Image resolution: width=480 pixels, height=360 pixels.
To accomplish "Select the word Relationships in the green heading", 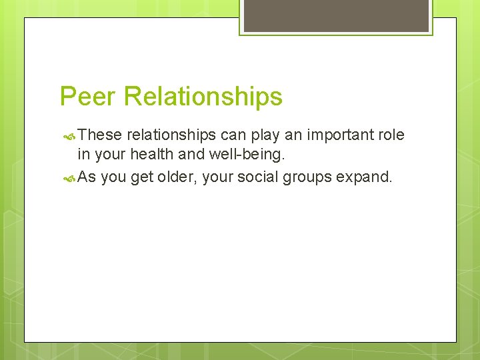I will tap(203, 97).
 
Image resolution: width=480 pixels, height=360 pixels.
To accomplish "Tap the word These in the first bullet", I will tap(99, 135).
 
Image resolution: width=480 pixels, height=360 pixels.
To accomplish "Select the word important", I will tap(340, 135).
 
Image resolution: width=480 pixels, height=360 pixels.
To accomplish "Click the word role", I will tap(391, 135).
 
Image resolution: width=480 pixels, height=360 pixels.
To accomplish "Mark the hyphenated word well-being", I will tap(247, 156).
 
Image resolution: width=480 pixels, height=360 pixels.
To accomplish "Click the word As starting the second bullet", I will tap(87, 177).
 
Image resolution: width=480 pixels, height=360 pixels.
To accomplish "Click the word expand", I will tap(365, 177).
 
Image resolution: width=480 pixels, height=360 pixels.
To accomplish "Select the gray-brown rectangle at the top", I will tap(336, 15).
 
